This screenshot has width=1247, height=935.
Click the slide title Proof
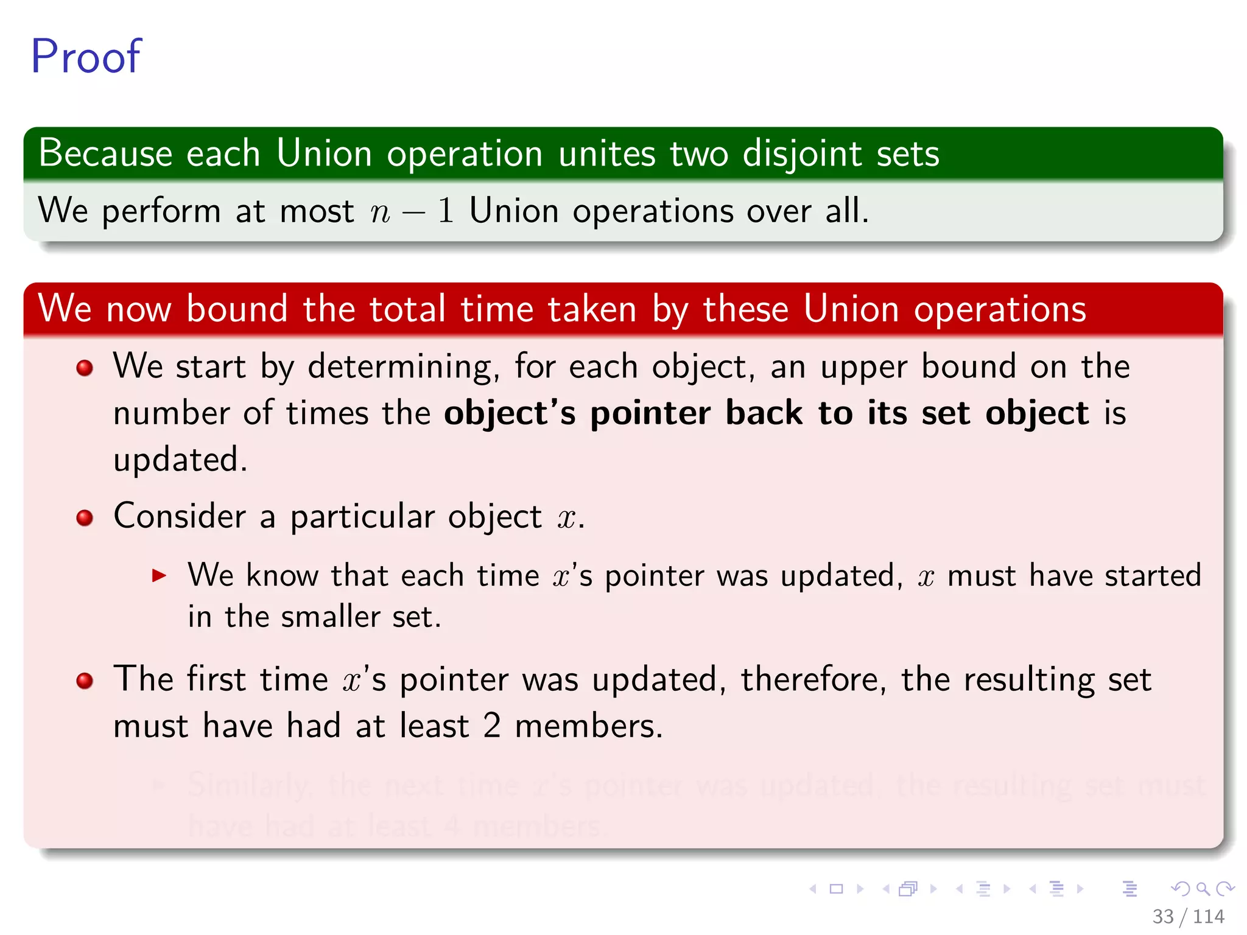(x=85, y=57)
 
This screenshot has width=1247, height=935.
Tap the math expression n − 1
(x=412, y=212)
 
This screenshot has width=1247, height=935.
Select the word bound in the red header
(x=237, y=309)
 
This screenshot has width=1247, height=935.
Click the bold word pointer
(x=650, y=414)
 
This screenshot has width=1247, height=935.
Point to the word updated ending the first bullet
(x=180, y=460)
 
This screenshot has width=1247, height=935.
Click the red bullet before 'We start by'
(x=85, y=368)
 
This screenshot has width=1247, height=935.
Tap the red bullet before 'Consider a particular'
(x=85, y=518)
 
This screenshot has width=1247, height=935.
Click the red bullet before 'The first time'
(x=85, y=681)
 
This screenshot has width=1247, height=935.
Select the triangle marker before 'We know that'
(x=159, y=576)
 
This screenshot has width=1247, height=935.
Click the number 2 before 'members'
(x=491, y=726)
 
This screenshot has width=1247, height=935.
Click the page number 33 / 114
(x=1188, y=916)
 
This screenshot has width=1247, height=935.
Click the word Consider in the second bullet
(x=180, y=517)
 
